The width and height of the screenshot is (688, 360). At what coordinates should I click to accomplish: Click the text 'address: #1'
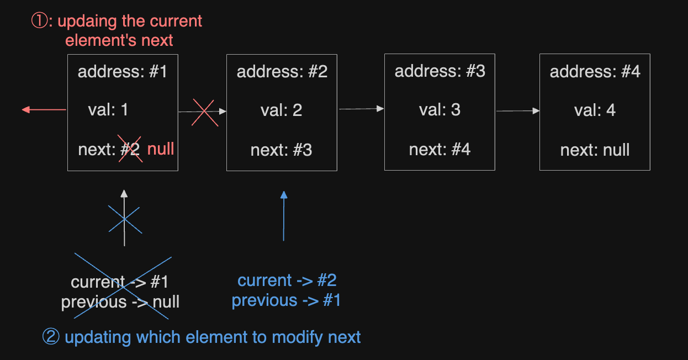coord(122,72)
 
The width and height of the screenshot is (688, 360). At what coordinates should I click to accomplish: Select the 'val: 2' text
coord(282,110)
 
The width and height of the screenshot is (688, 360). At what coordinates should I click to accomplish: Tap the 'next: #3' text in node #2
coord(282,150)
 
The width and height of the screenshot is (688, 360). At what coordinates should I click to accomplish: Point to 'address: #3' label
coord(440,71)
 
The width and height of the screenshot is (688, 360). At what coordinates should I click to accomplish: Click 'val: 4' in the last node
coord(595,110)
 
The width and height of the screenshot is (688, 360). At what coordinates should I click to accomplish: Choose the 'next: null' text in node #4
coord(595,150)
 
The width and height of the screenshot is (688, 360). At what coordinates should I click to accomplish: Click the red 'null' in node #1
coord(161,149)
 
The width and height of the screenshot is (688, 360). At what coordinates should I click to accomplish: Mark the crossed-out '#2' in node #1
coord(130,149)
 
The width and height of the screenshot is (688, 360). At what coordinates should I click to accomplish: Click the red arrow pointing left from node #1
coord(44,110)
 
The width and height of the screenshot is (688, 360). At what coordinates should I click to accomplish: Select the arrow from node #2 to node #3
coord(362,109)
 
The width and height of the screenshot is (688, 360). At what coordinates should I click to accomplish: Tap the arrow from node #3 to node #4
coord(518,110)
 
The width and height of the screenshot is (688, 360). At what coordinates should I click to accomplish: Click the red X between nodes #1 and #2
coord(205,113)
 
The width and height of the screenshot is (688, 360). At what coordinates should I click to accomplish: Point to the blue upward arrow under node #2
coord(284,216)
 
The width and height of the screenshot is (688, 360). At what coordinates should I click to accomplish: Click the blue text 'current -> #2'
coord(287,280)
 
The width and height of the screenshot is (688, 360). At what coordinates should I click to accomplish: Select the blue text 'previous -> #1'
coord(286,300)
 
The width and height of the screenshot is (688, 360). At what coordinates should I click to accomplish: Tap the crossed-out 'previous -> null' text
coord(120,301)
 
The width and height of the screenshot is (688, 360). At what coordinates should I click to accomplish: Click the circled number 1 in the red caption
coord(40,21)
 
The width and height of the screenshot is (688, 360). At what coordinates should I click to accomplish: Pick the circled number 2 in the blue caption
coord(51,336)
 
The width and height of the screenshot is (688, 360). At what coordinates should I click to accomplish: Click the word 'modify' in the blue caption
coord(295,337)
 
